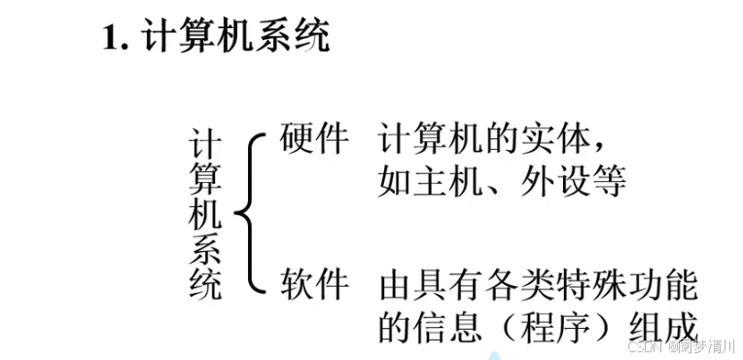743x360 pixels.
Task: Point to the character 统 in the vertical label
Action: (x=206, y=284)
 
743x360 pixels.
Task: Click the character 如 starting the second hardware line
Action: (x=395, y=182)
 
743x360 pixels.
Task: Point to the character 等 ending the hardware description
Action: (x=609, y=182)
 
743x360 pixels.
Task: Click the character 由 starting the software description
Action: (x=395, y=285)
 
